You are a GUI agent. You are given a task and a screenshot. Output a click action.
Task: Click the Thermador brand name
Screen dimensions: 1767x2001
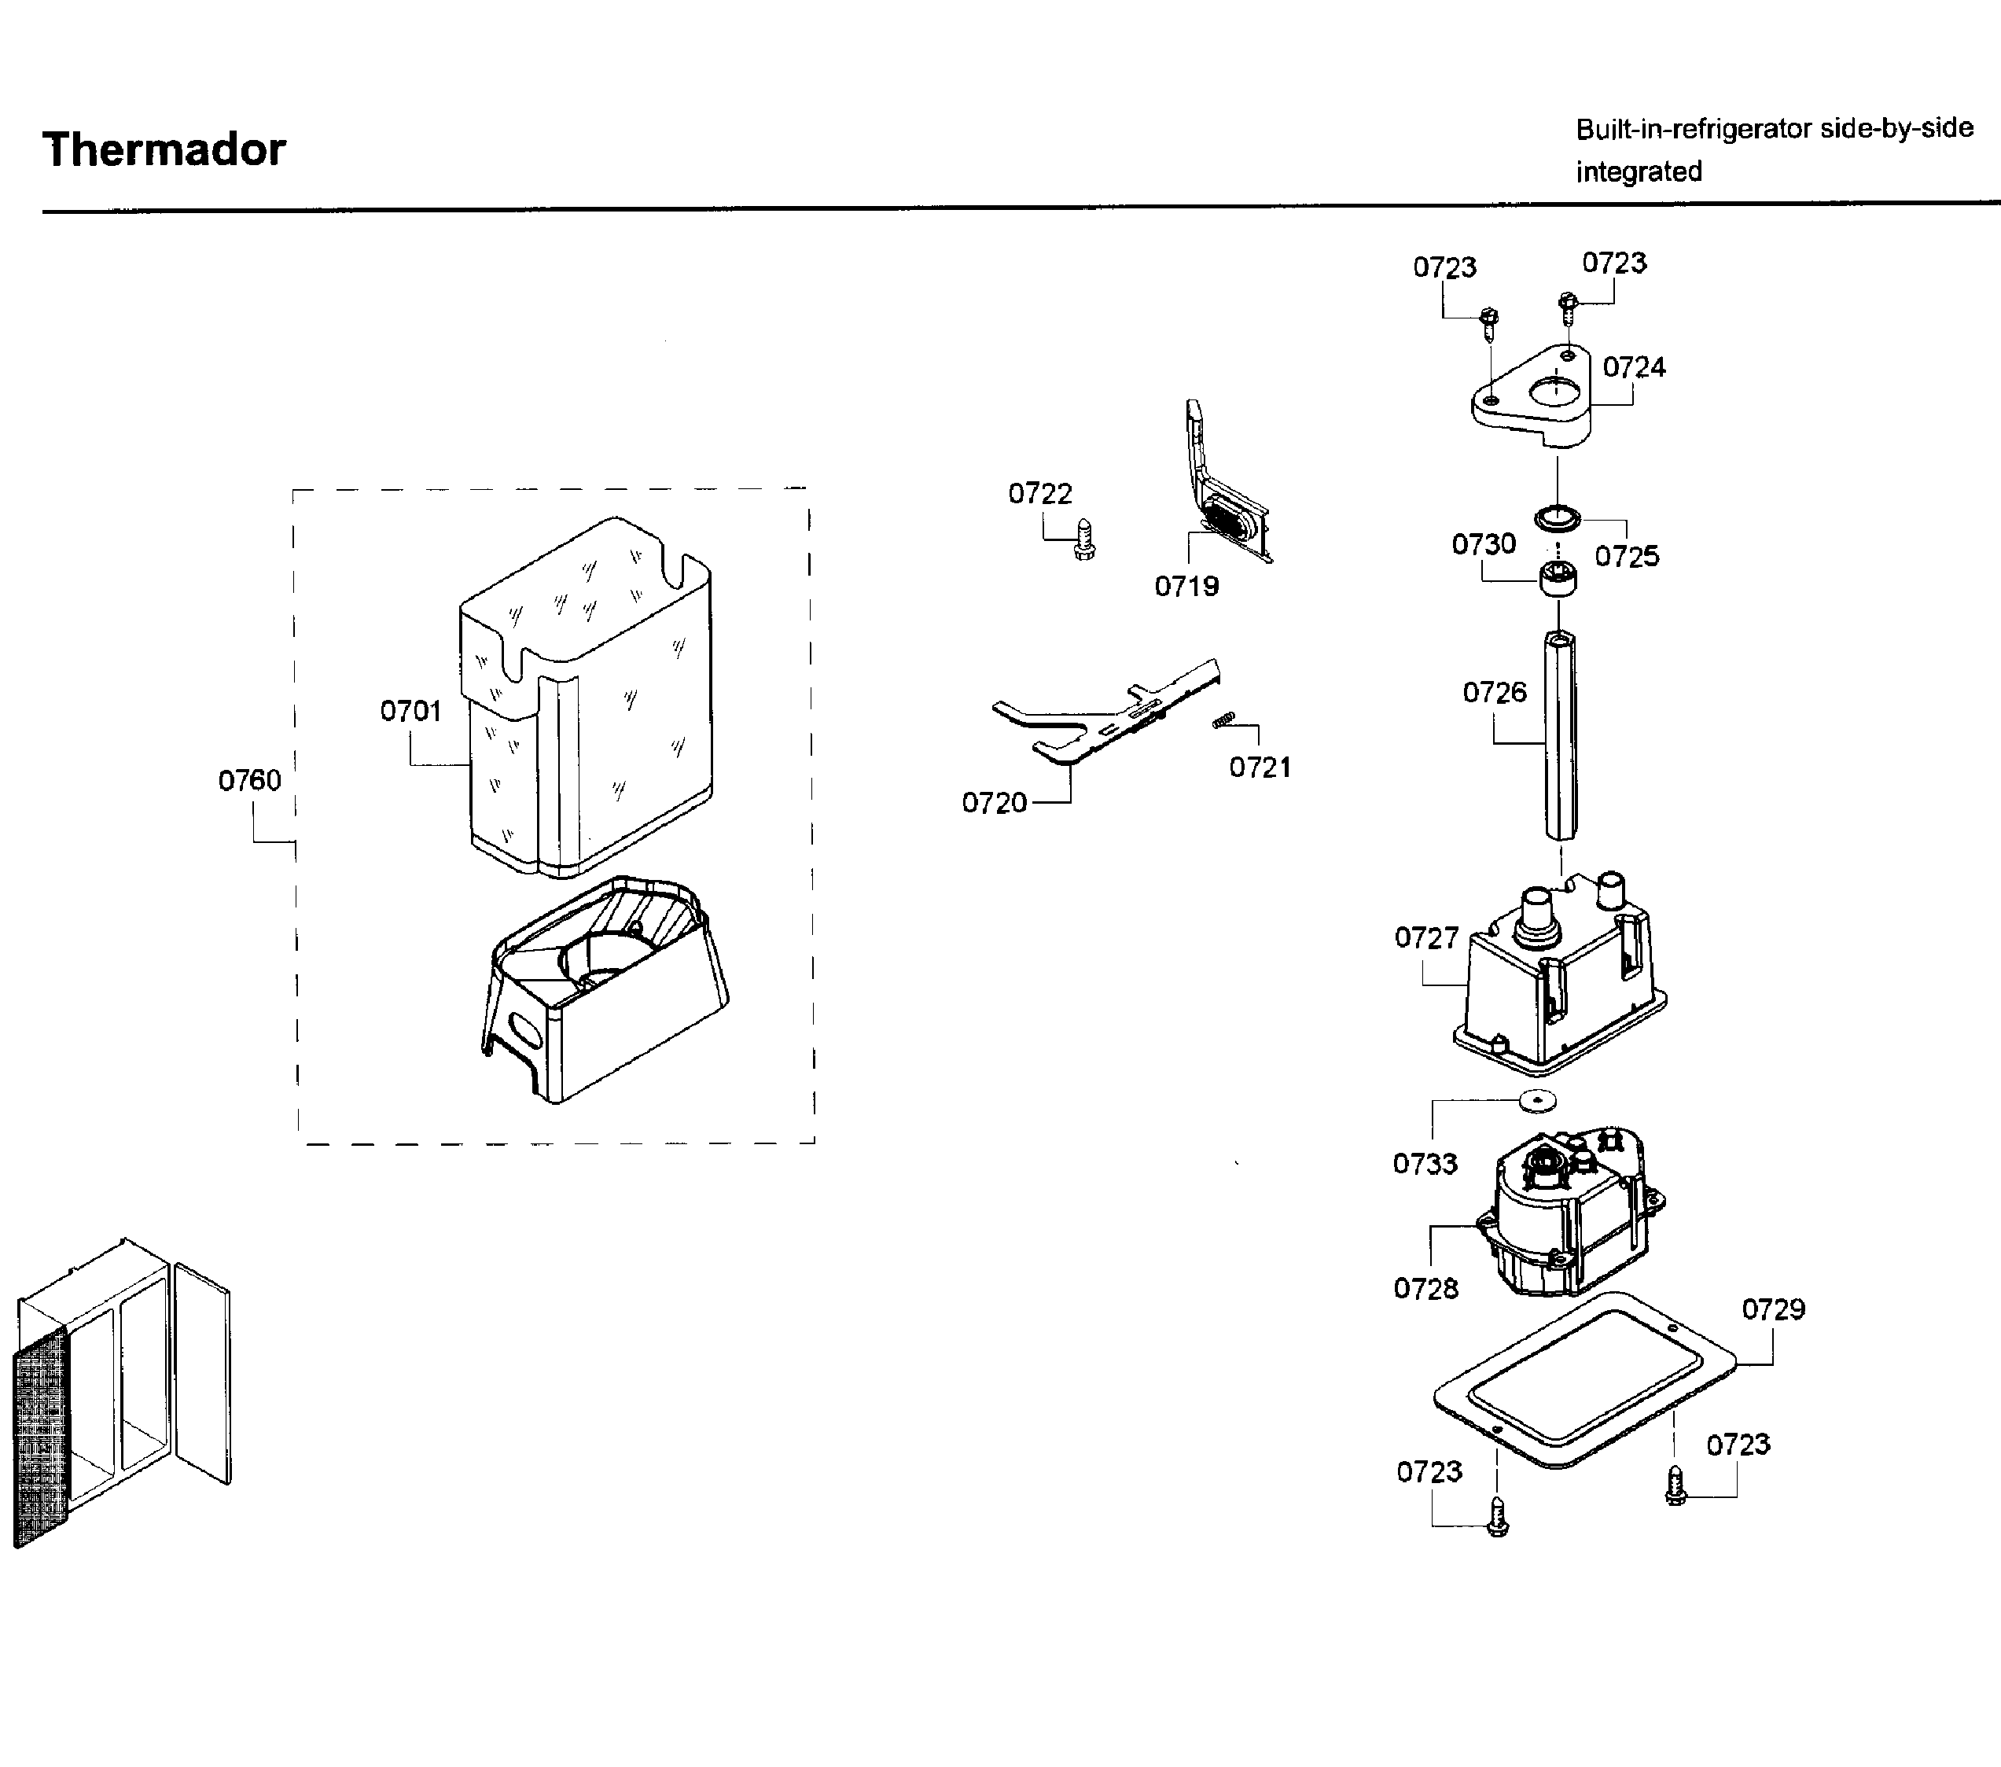[164, 149]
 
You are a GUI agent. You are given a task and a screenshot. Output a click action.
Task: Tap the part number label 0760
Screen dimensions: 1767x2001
[250, 780]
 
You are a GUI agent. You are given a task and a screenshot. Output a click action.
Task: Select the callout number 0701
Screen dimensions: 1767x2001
[410, 711]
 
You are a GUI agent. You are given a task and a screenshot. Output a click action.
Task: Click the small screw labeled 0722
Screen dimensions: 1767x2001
[1083, 539]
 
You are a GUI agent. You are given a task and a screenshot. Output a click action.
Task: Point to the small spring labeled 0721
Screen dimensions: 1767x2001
[1223, 720]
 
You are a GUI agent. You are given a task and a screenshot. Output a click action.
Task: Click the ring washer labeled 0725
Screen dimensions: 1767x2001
[1557, 516]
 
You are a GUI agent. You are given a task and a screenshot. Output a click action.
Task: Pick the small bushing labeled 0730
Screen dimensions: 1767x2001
[1558, 580]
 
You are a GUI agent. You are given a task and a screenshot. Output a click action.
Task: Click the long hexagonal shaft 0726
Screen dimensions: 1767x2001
[1561, 734]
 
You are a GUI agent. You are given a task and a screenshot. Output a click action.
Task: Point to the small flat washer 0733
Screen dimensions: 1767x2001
[1537, 1101]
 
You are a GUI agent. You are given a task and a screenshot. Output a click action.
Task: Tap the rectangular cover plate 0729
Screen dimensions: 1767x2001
[1586, 1380]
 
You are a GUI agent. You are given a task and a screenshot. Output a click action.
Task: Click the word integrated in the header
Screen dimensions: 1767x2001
[1639, 171]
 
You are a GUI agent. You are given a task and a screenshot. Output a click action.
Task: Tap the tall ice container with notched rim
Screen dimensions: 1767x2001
[587, 695]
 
